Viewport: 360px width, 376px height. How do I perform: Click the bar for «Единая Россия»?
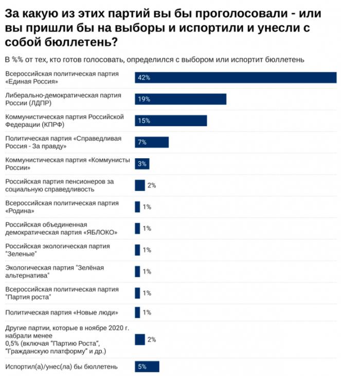click(x=236, y=77)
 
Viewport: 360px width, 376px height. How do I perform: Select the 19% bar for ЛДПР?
click(x=181, y=99)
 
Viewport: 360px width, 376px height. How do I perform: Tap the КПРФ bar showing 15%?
click(x=171, y=121)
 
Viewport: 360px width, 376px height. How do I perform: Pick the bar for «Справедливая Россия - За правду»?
click(x=152, y=142)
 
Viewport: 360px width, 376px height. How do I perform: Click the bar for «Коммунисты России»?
click(x=142, y=163)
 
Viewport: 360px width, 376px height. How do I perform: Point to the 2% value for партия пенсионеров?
click(x=151, y=185)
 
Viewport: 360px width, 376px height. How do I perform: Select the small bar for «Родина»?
click(x=137, y=206)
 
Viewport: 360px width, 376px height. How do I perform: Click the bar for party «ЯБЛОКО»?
click(x=137, y=228)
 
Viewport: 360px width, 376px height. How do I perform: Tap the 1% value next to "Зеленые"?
click(x=147, y=250)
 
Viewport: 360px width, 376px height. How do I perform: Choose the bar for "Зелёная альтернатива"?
click(x=137, y=271)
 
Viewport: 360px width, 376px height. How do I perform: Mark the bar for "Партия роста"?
click(x=137, y=293)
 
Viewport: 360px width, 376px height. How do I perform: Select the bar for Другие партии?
click(x=139, y=339)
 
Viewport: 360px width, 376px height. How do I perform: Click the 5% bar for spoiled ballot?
click(x=147, y=366)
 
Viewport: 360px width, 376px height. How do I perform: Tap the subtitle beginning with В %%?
click(x=154, y=59)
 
